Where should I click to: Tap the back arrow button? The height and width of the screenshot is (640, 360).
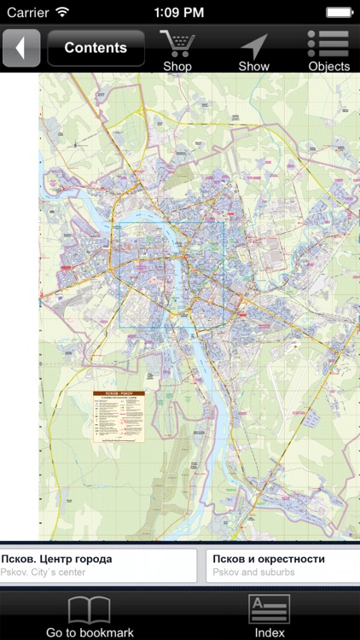point(21,48)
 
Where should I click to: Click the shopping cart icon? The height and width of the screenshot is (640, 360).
point(177,43)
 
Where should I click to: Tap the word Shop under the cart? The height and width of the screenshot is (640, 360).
point(177,66)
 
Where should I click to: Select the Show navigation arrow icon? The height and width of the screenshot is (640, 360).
point(253,44)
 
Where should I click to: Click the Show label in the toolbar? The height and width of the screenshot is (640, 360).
point(253,66)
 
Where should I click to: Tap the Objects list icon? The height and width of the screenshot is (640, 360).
point(328,44)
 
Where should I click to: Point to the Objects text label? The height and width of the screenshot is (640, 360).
point(328,66)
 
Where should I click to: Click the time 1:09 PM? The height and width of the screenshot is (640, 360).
point(179,12)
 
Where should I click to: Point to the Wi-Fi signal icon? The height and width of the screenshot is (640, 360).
point(62,12)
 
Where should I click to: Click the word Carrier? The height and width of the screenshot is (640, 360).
point(27,12)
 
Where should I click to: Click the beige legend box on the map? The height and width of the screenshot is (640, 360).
point(119,416)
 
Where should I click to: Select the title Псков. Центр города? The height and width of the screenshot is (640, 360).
point(56,559)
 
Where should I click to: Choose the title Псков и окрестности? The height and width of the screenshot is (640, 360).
point(269,559)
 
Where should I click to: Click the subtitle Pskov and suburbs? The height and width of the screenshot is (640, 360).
point(254,572)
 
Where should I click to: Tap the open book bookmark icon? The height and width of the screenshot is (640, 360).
point(90,609)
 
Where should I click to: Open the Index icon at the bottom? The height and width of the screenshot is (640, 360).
point(270,609)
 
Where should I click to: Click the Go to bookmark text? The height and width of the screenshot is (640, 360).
point(90,632)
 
